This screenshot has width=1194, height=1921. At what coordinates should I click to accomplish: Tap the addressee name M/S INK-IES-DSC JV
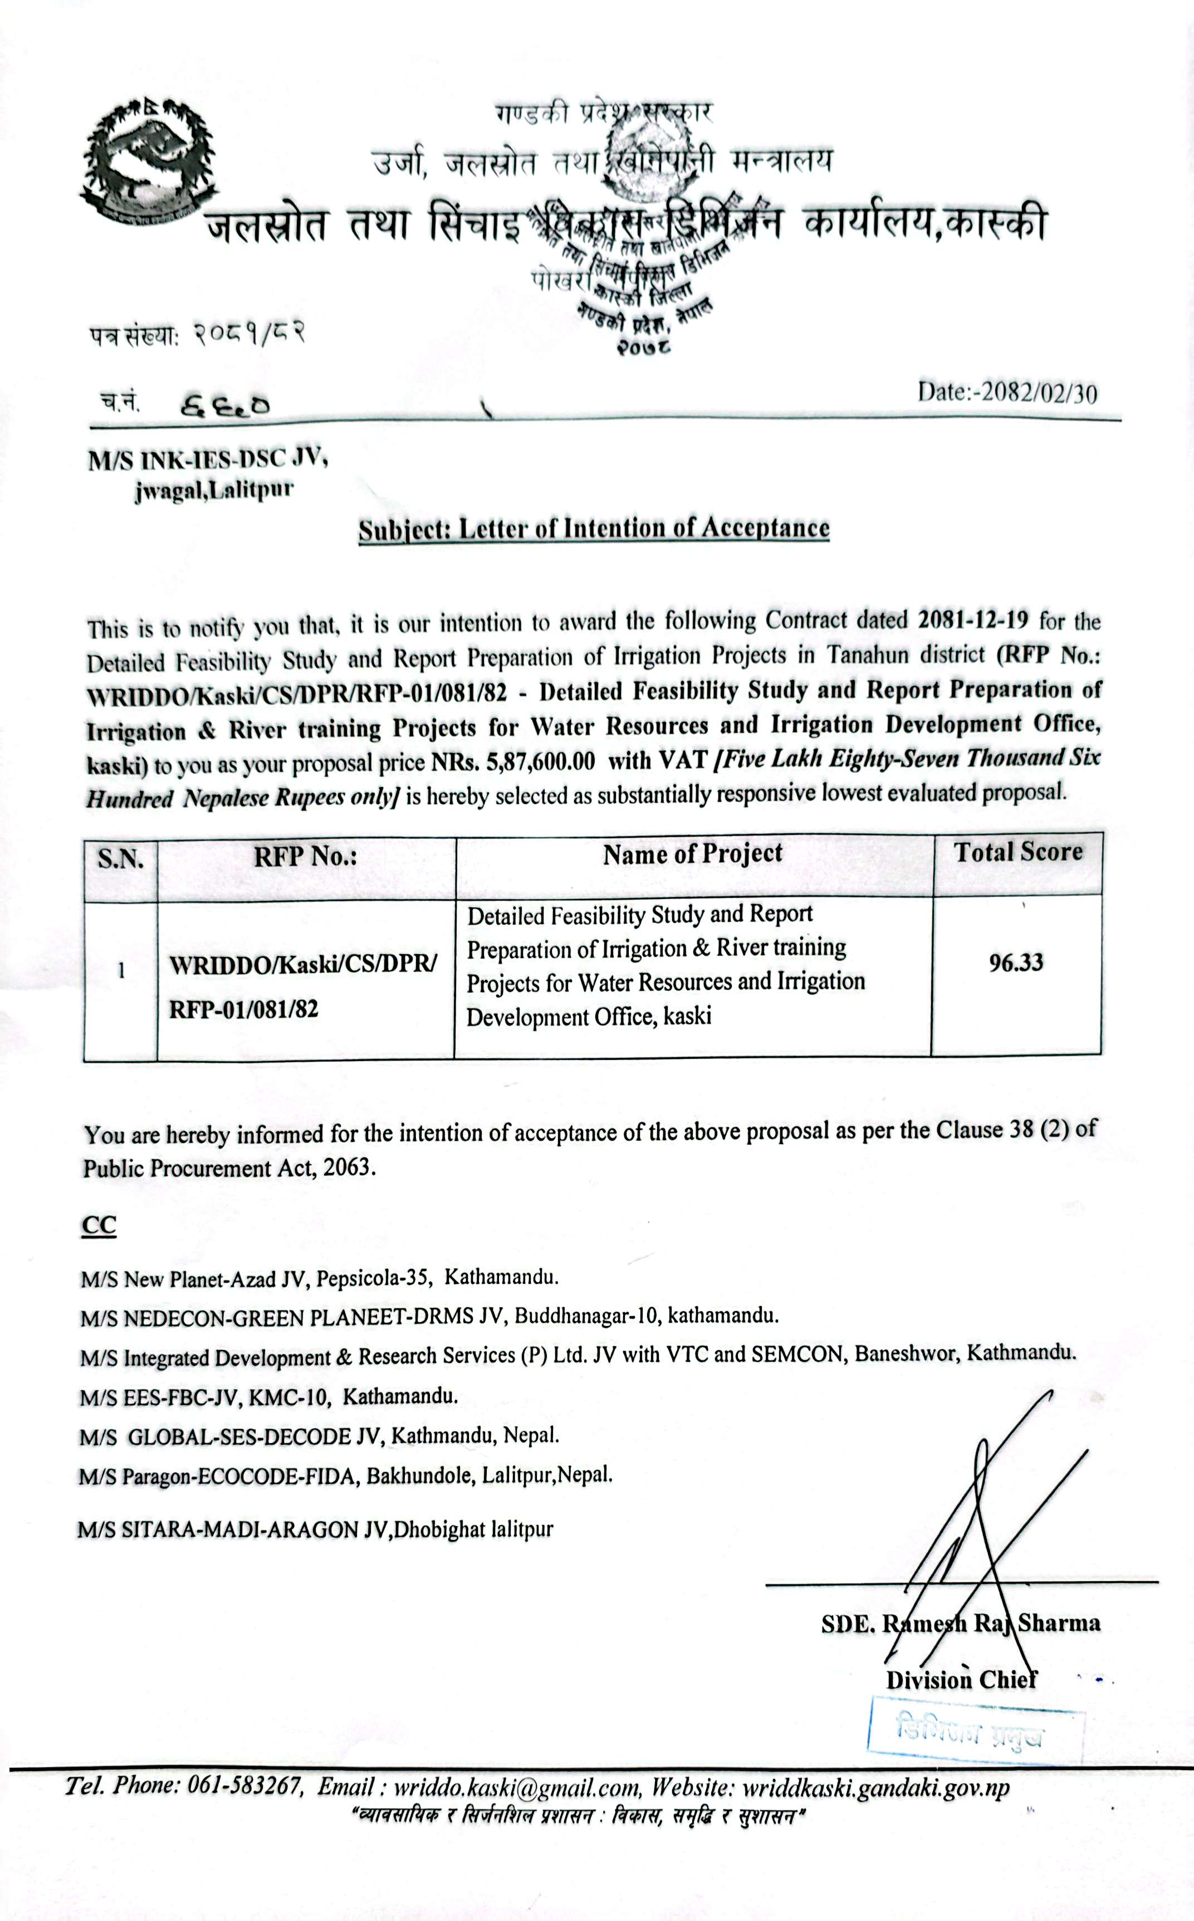(208, 460)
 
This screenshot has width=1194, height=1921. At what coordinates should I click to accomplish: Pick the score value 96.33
(1016, 962)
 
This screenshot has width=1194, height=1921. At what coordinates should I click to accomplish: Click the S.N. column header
(120, 858)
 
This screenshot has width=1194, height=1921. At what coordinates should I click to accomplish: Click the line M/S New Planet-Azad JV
(319, 1278)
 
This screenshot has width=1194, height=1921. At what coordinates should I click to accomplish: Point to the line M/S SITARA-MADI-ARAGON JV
(315, 1529)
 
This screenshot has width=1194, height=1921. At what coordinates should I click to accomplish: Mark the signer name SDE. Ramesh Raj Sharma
(960, 1624)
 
